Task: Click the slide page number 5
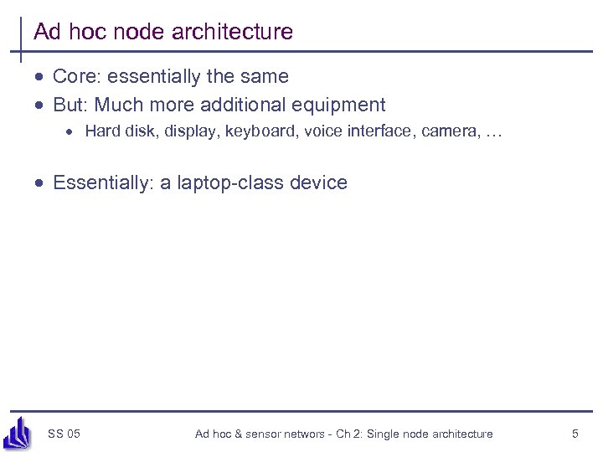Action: click(575, 434)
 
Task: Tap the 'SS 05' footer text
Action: click(64, 434)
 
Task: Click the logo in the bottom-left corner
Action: click(17, 433)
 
